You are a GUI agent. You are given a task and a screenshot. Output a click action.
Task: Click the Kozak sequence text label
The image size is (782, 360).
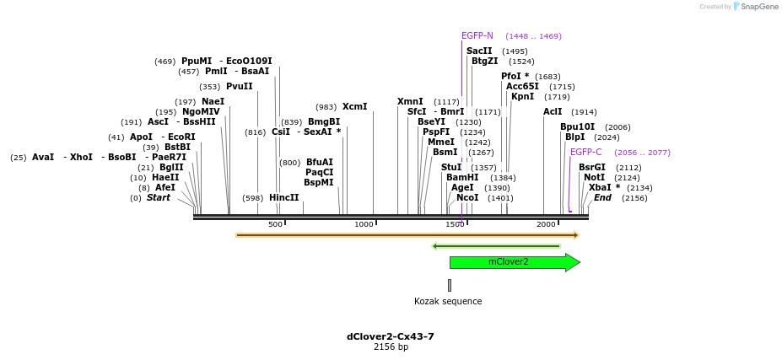point(448,301)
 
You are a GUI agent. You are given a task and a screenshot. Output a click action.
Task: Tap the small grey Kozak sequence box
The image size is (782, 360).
point(450,285)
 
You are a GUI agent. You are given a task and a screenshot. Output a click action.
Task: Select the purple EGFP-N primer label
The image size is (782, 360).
point(477,36)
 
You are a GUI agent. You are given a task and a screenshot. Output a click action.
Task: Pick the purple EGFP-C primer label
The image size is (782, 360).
point(586,153)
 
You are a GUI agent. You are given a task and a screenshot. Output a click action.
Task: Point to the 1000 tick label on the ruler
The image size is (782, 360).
point(364,224)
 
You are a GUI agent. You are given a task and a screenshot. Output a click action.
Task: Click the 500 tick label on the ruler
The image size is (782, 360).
point(275,224)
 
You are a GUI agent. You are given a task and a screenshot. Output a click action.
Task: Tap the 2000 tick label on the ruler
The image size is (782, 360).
point(546,224)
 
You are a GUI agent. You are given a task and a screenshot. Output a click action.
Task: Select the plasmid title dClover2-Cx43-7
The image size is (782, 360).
point(391,336)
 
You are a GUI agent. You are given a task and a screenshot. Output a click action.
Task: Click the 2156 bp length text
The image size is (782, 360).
point(391,347)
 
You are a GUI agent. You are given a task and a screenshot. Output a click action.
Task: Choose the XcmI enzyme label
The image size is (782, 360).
point(354,107)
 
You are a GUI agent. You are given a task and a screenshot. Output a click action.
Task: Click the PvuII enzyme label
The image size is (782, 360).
point(240,87)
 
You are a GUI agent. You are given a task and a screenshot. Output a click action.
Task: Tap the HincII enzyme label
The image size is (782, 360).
point(284,198)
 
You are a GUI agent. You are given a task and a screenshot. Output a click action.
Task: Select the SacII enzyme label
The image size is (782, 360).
point(479,51)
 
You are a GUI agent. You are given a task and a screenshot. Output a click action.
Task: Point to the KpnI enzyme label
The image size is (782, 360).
point(522,97)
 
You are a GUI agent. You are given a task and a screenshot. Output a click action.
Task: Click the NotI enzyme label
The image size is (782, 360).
point(594,178)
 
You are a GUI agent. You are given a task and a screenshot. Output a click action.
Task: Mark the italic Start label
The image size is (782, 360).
point(159,198)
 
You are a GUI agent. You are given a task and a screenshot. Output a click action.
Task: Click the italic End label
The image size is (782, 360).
point(602,198)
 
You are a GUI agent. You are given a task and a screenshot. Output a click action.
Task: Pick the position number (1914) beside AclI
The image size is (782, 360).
point(584,112)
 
